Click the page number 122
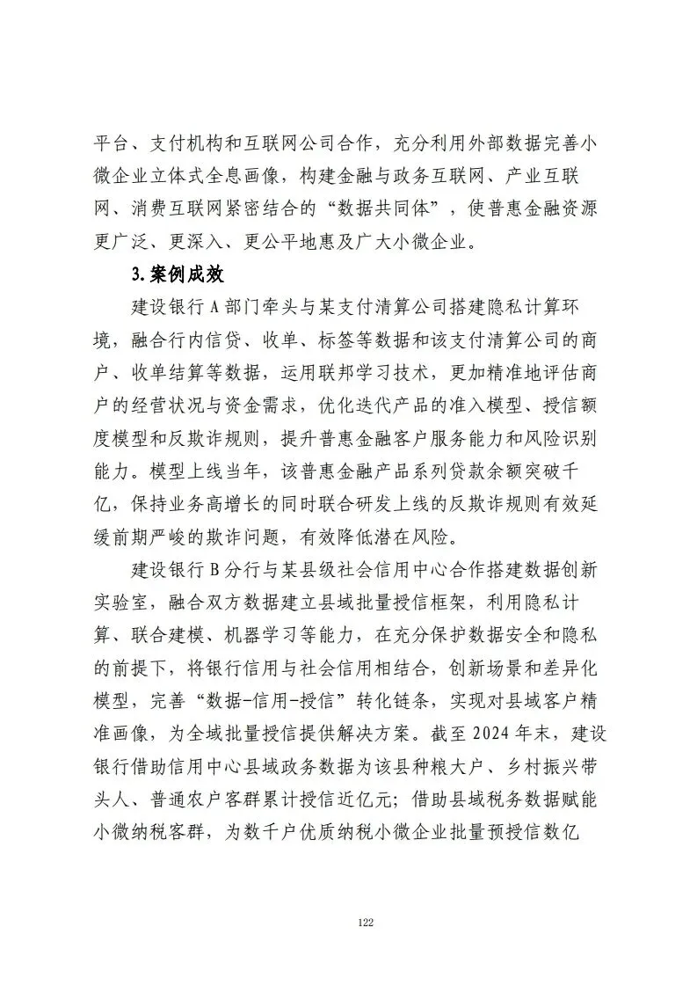pyautogui.click(x=367, y=922)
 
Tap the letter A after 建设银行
pyautogui.click(x=218, y=306)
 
